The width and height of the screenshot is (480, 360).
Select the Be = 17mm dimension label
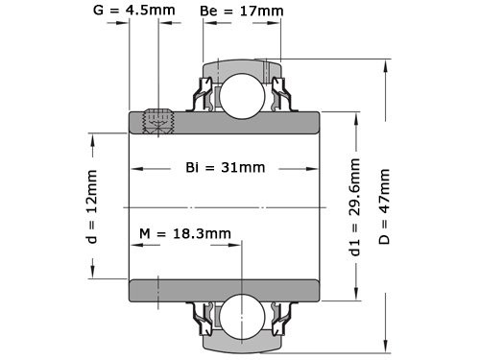243,12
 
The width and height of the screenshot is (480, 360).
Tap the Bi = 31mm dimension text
225,168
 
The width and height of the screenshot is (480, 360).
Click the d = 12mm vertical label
92,206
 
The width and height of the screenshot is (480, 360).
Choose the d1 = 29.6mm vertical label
354,206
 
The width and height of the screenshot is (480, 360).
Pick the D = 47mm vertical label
385,206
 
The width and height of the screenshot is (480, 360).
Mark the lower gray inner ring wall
224,290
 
